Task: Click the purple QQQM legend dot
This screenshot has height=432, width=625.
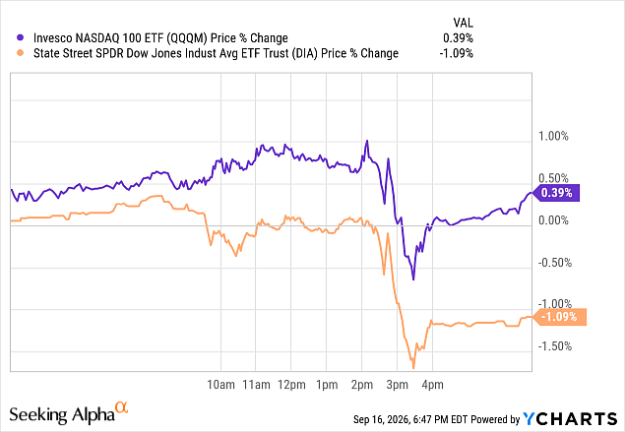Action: (x=20, y=37)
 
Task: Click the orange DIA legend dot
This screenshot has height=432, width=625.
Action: (x=20, y=52)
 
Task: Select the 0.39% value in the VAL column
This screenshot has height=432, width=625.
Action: (x=458, y=37)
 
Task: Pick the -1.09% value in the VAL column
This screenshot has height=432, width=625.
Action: (x=456, y=53)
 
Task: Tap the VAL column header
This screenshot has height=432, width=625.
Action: (x=464, y=23)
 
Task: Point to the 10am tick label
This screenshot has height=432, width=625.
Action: (x=220, y=385)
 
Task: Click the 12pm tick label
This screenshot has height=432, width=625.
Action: (x=291, y=385)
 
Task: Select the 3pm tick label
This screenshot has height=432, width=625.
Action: (x=397, y=385)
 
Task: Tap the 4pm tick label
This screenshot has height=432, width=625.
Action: (x=432, y=385)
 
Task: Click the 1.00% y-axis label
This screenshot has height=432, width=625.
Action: (x=553, y=136)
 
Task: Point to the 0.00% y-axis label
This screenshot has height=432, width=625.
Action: (x=553, y=220)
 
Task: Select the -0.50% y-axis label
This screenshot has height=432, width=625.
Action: (x=554, y=262)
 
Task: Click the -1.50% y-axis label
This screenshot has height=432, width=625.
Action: (x=554, y=346)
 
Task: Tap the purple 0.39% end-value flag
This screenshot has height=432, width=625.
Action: (x=556, y=193)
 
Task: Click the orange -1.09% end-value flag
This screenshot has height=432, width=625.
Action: (x=560, y=317)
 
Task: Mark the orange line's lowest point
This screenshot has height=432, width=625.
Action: (x=413, y=368)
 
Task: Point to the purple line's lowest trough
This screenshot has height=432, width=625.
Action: (x=413, y=279)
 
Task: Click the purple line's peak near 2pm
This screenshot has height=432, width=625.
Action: (x=367, y=141)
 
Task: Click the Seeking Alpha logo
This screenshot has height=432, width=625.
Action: (x=69, y=413)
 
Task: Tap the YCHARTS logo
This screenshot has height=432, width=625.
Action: (x=570, y=419)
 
